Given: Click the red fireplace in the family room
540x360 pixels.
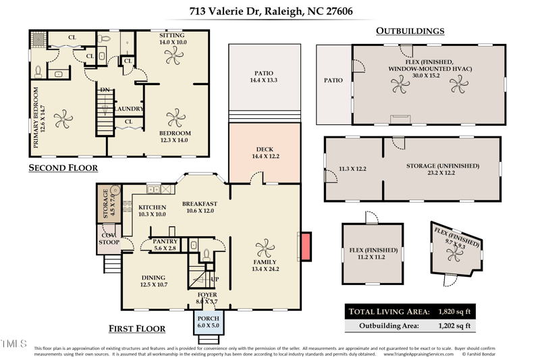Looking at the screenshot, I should pyautogui.click(x=305, y=247).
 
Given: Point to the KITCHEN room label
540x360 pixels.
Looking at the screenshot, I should pyautogui.click(x=152, y=207).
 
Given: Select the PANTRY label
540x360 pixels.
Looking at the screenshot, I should pyautogui.click(x=165, y=241).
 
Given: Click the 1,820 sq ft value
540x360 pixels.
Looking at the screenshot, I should pyautogui.click(x=456, y=311).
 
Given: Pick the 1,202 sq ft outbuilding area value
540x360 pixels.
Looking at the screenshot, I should pyautogui.click(x=456, y=326).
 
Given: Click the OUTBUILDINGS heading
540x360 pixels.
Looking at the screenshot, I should pyautogui.click(x=410, y=31).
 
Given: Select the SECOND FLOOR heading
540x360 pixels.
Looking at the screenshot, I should pyautogui.click(x=63, y=168).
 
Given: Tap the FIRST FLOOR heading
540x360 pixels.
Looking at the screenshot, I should pyautogui.click(x=137, y=329).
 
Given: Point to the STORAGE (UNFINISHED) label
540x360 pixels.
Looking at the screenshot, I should pyautogui.click(x=442, y=165).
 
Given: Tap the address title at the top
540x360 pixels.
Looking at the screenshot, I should pyautogui.click(x=271, y=11).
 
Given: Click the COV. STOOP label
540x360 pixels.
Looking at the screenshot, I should pyautogui.click(x=109, y=238).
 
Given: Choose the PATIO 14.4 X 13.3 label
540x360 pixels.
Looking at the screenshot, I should pyautogui.click(x=263, y=77).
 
